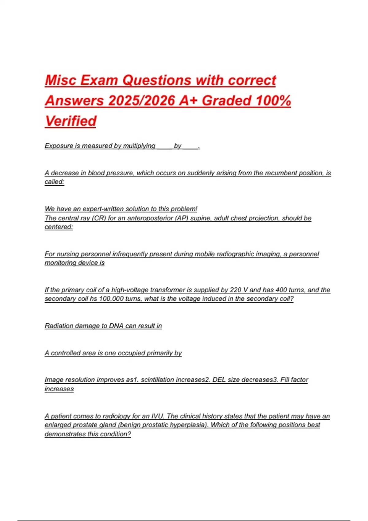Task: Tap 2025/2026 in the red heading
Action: tap(141, 101)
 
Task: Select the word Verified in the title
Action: tap(71, 121)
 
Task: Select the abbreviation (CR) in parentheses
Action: tap(99, 218)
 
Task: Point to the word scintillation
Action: tap(160, 380)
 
